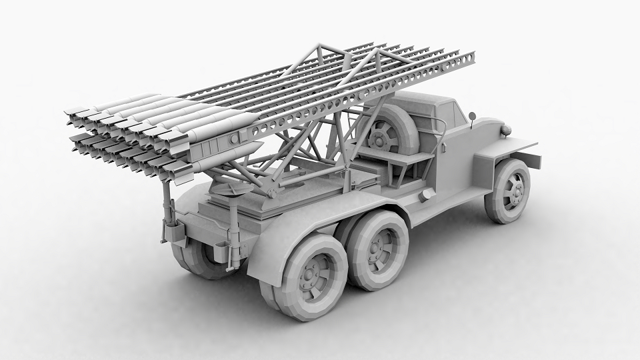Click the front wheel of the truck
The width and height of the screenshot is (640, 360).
[509, 191]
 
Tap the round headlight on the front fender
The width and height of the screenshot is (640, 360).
[506, 130]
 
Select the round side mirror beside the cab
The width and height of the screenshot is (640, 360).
[472, 117]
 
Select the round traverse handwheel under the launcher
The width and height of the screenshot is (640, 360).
[230, 190]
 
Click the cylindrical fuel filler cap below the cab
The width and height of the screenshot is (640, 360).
[427, 194]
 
